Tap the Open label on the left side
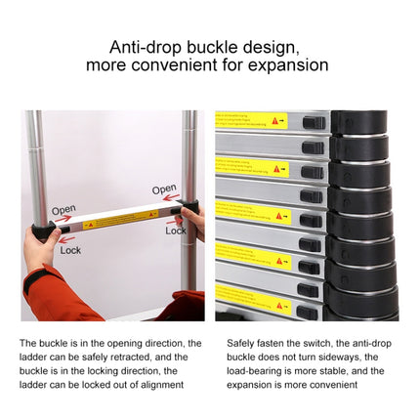tap(63, 209)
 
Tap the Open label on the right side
tap(164, 189)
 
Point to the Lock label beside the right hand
tap(176, 231)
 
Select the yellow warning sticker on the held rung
tap(120, 219)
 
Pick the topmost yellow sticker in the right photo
tap(252, 120)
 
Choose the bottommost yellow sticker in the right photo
tap(253, 299)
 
